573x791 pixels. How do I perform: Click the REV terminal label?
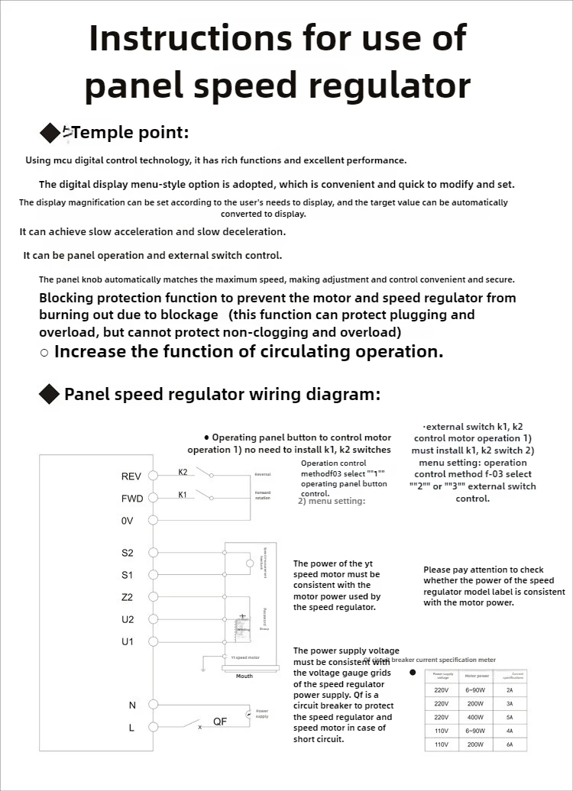(131, 476)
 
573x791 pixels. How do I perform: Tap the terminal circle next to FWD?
(153, 498)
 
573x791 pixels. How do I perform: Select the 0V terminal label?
(128, 520)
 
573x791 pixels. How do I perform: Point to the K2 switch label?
(183, 472)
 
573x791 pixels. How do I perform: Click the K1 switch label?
(183, 495)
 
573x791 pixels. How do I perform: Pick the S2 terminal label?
(127, 552)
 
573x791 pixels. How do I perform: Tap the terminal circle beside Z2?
(153, 596)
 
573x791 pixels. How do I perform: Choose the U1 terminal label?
(127, 641)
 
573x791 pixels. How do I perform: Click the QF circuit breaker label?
(220, 721)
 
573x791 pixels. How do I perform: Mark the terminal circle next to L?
(153, 728)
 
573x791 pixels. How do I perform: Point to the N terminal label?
(132, 705)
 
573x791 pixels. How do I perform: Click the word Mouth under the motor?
(244, 676)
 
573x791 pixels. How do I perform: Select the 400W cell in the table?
(477, 717)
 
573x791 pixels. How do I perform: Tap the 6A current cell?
(510, 744)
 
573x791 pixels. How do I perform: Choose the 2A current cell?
(510, 689)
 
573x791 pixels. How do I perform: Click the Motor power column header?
(477, 675)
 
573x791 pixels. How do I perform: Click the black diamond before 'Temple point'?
(50, 134)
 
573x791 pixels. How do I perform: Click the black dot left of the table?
(413, 673)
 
